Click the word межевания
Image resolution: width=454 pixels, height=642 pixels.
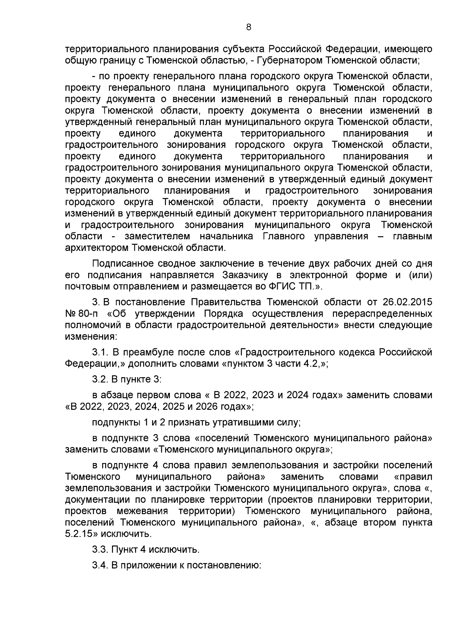[142, 511]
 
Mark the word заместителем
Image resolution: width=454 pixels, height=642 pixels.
[157, 236]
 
